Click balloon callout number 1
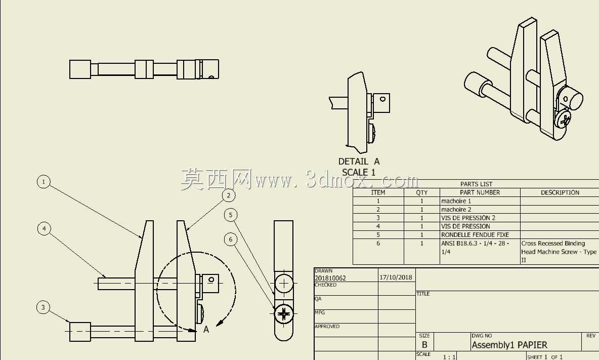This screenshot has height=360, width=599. (x=44, y=182)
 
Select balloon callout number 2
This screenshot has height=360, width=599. (x=229, y=195)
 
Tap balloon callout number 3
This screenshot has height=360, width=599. (x=43, y=307)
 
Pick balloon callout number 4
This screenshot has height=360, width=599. (x=45, y=228)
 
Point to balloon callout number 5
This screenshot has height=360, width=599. (x=230, y=215)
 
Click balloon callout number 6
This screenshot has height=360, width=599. (x=230, y=239)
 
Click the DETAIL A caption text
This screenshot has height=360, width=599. (x=359, y=162)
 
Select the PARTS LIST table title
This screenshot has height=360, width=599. (x=476, y=184)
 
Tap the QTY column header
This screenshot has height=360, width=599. (x=422, y=192)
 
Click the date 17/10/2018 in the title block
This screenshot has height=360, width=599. (x=396, y=277)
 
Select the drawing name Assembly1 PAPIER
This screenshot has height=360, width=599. (x=509, y=345)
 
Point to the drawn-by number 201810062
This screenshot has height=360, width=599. (x=330, y=278)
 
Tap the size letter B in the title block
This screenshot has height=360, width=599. (x=424, y=345)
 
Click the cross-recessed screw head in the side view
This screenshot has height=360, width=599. (x=284, y=314)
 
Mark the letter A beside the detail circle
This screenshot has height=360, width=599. (x=206, y=329)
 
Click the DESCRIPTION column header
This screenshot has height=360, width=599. (x=560, y=192)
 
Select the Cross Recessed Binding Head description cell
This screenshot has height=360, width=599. (x=559, y=252)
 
